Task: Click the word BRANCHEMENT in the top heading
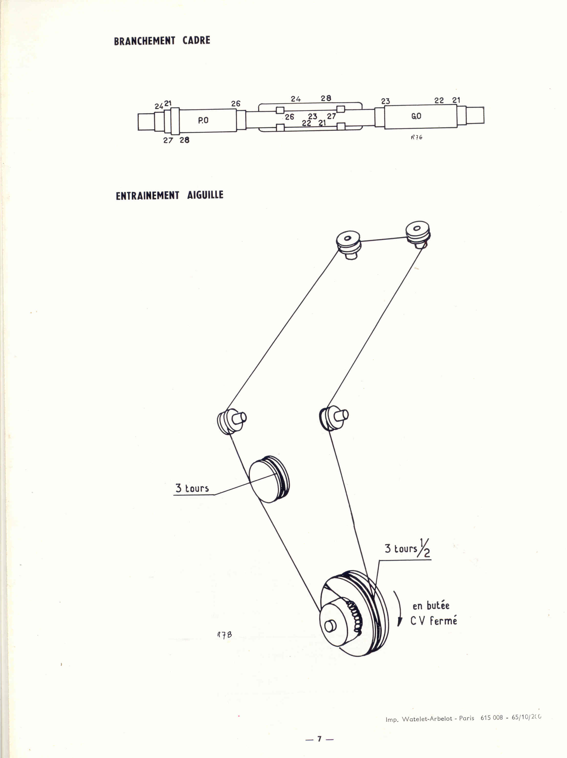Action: [x=144, y=41]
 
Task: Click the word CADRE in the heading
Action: [x=196, y=40]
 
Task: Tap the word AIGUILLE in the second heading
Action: [x=205, y=195]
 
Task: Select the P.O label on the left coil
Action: [x=203, y=120]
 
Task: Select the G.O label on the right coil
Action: [x=416, y=116]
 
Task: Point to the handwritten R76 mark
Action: [x=417, y=137]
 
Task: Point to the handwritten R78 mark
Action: [x=224, y=635]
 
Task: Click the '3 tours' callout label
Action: [x=192, y=488]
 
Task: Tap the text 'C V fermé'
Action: [x=434, y=621]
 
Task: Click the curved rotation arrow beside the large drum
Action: [x=399, y=609]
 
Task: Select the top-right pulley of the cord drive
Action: [x=418, y=231]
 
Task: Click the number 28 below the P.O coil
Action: [x=184, y=140]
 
